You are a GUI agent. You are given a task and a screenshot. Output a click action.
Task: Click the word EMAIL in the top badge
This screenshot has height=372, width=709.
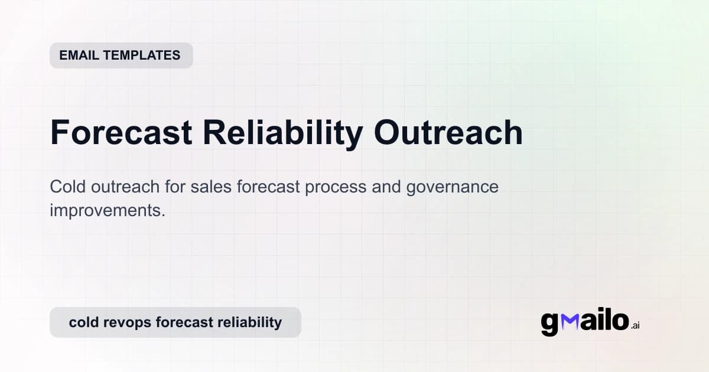[x=79, y=56]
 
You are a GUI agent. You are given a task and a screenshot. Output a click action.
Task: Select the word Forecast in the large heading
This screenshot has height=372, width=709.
[x=121, y=133]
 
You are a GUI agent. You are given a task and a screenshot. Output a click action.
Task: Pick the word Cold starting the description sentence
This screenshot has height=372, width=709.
[x=68, y=187]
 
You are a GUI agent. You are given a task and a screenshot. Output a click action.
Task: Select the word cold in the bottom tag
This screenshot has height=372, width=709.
[x=83, y=322]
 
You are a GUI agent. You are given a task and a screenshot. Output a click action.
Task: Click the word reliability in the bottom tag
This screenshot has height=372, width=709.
[x=249, y=322]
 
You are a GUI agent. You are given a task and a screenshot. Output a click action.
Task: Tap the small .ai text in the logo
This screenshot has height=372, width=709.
[x=635, y=325]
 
